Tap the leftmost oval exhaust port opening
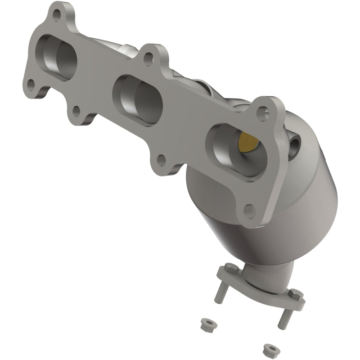56,56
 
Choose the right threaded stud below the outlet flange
283,317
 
